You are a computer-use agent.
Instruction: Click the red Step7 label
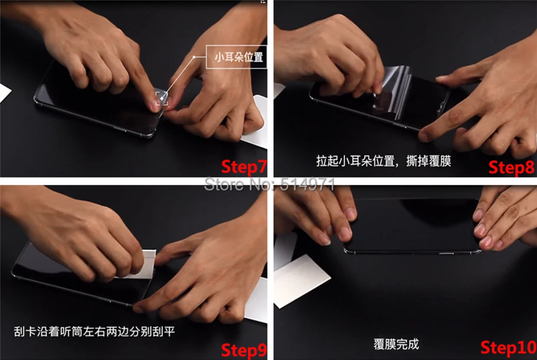244,167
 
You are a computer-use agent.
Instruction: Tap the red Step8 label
511,168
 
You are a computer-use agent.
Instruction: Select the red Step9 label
244,350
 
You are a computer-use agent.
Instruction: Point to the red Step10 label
508,348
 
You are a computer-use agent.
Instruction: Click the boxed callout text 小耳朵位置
239,57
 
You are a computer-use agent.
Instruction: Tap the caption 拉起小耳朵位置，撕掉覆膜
383,161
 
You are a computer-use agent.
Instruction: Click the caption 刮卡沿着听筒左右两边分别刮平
94,331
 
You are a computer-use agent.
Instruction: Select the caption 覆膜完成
396,344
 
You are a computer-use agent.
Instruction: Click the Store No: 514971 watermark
269,184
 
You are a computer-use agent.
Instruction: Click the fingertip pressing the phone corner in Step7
155,105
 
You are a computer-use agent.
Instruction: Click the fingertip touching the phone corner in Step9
137,308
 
